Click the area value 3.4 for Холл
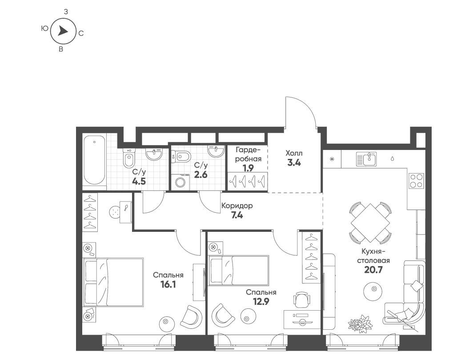pos(294,163)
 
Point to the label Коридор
pos(237,206)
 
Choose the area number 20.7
pos(373,270)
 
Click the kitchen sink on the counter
pos(366,159)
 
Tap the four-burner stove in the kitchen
pos(416,181)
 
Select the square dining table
pos(370,222)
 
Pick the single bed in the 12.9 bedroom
pos(239,270)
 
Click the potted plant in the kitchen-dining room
pos(360,324)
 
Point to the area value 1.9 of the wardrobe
pos(248,168)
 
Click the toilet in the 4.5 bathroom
pos(129,158)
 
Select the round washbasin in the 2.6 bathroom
pos(216,151)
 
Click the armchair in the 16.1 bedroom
pos(191,317)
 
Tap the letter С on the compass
pos(81,33)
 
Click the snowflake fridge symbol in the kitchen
pos(332,159)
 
